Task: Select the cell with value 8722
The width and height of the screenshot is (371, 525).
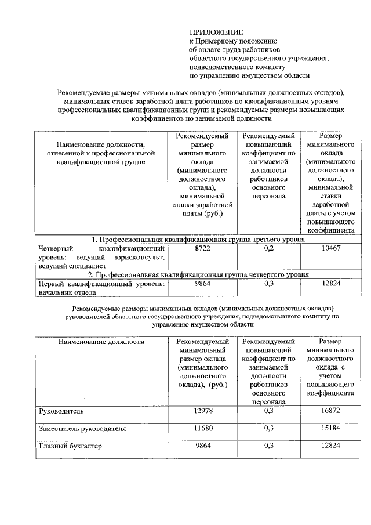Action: coord(202,248)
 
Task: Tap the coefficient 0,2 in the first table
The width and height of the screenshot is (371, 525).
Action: coord(268,248)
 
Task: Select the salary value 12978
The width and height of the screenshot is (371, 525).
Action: coord(202,411)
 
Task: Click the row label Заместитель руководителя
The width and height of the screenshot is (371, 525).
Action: coord(82,429)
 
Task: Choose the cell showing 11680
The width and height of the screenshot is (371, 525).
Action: coord(202,429)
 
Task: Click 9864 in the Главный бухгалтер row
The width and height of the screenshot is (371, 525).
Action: coord(202,446)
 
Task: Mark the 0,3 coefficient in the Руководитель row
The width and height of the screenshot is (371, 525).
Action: coord(268,411)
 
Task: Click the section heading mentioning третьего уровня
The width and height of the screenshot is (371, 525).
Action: coord(197,239)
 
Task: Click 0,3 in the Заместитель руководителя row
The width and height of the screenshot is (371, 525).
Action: coord(268,429)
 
